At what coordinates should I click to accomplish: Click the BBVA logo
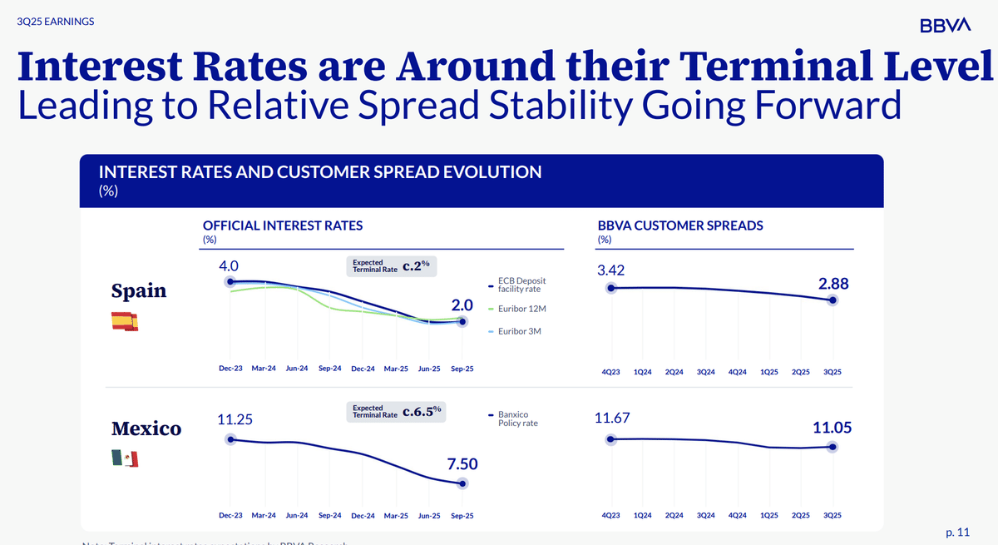pos(946,26)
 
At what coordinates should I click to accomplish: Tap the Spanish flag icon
pos(125,321)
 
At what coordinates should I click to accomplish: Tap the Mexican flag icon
pos(125,458)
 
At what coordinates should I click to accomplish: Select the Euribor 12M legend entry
pos(521,309)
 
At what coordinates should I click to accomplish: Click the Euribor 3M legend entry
pos(517,332)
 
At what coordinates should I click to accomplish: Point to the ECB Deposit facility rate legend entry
pos(521,285)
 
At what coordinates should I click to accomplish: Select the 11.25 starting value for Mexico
pos(235,420)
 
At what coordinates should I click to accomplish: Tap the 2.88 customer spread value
pos(833,284)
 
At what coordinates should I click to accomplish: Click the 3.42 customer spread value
pos(611,270)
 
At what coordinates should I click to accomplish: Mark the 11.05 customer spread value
pos(832,428)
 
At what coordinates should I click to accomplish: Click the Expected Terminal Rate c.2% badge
pos(392,266)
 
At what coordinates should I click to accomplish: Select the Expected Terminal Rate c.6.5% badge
pos(397,411)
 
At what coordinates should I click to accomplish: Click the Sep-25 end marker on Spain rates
pos(463,322)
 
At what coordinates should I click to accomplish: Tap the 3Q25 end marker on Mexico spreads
pos(832,447)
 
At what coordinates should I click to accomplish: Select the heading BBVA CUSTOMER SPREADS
pos(680,225)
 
